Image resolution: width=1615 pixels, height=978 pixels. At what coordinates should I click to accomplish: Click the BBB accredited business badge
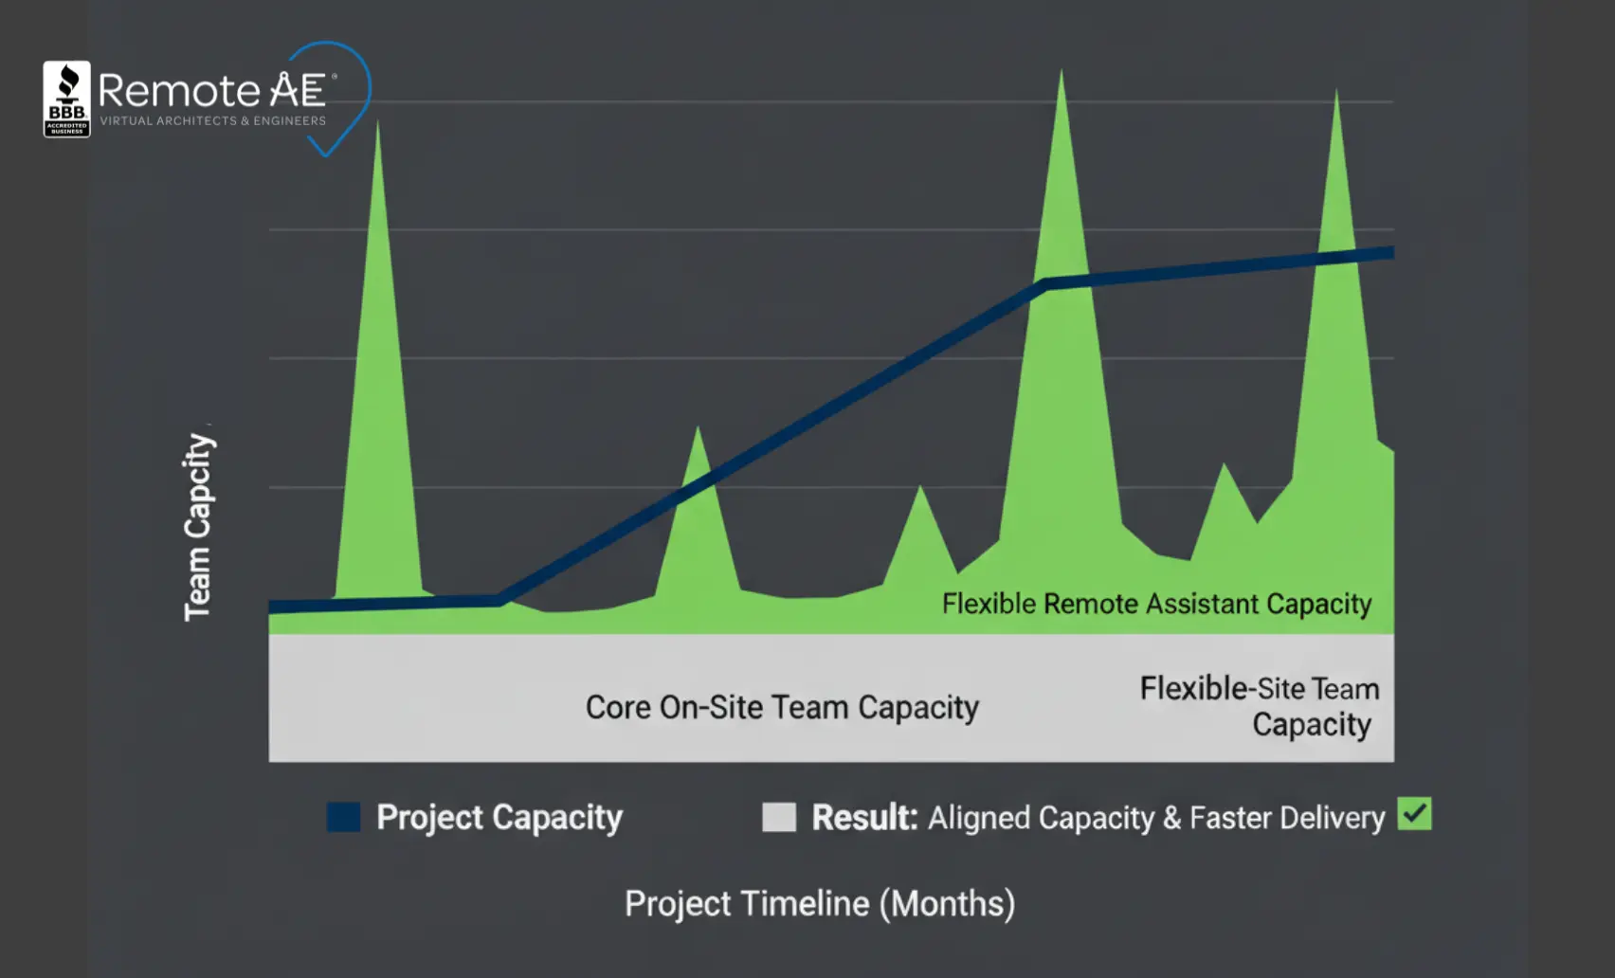tap(66, 99)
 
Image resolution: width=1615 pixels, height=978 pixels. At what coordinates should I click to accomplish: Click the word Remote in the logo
tap(178, 91)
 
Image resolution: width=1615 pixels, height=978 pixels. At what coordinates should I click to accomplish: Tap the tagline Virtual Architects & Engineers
tap(212, 121)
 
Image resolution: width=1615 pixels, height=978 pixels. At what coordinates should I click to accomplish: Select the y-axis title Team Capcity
tap(198, 527)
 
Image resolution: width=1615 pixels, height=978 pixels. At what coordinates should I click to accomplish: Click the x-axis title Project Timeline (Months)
tap(820, 903)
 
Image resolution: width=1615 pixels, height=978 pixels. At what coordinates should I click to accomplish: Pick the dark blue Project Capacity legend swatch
tap(343, 817)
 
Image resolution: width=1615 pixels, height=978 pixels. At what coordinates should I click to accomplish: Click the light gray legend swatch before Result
tap(779, 817)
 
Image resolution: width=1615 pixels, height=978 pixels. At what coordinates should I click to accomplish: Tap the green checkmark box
tap(1414, 815)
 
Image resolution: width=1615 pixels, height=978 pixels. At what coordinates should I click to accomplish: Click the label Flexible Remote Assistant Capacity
tap(1156, 604)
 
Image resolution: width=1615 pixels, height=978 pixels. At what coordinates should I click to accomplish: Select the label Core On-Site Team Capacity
tap(782, 707)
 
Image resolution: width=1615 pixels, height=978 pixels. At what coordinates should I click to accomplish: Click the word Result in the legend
tap(864, 817)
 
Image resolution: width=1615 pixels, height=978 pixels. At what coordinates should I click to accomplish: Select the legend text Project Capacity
tap(499, 817)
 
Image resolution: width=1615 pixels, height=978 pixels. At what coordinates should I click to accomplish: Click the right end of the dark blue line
tap(1390, 252)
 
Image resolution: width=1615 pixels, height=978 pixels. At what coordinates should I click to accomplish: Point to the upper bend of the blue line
tap(1043, 283)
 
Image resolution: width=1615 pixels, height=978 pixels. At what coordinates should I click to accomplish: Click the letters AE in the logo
tap(298, 90)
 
